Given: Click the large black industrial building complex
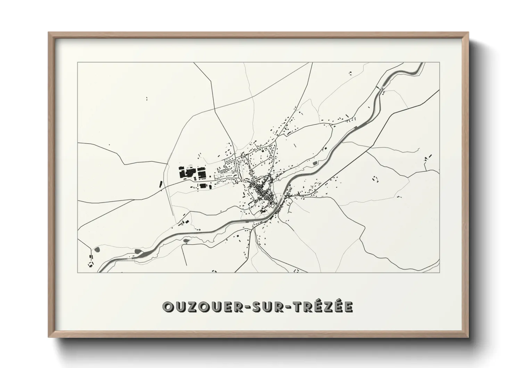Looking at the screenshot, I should [192, 173].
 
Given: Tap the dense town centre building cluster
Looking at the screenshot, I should [263, 191].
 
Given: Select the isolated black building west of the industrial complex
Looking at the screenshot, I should [160, 184].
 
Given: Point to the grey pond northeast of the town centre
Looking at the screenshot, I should [315, 163].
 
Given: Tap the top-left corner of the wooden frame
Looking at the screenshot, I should [49, 33].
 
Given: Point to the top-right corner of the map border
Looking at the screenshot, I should [440, 62].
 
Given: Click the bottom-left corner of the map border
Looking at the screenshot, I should [77, 272].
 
